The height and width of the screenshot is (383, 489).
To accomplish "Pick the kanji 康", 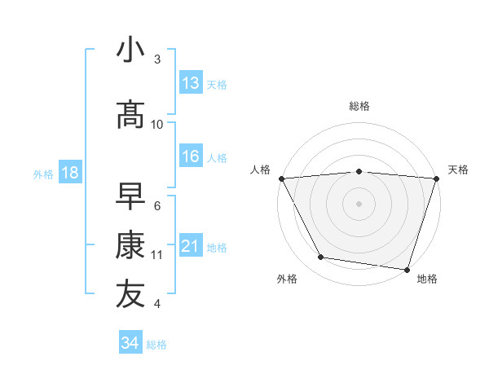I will pyautogui.click(x=130, y=245).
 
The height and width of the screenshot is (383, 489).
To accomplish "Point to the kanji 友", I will pyautogui.click(x=130, y=294).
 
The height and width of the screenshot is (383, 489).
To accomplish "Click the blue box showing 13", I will pyautogui.click(x=191, y=83).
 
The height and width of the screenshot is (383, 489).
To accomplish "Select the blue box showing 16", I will pyautogui.click(x=191, y=156).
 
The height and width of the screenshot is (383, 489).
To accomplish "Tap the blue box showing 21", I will pyautogui.click(x=191, y=246).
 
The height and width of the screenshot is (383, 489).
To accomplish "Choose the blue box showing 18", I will pyautogui.click(x=69, y=173).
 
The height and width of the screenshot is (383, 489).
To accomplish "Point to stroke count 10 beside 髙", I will pyautogui.click(x=157, y=125).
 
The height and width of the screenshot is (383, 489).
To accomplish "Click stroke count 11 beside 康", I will pyautogui.click(x=157, y=255).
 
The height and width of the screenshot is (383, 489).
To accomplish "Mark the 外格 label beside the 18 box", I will pyautogui.click(x=43, y=174).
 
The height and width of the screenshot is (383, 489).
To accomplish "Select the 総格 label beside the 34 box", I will pyautogui.click(x=156, y=345).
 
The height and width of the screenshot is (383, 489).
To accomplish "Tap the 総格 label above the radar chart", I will pyautogui.click(x=359, y=106).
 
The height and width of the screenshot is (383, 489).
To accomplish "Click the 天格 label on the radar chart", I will pyautogui.click(x=458, y=169).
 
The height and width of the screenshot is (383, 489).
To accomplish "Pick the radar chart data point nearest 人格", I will pyautogui.click(x=281, y=178).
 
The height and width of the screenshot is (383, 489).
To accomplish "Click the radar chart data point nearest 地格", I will pyautogui.click(x=407, y=269).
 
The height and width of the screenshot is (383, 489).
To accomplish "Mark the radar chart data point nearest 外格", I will pyautogui.click(x=321, y=258).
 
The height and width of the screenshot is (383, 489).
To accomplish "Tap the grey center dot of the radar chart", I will pyautogui.click(x=359, y=204).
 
